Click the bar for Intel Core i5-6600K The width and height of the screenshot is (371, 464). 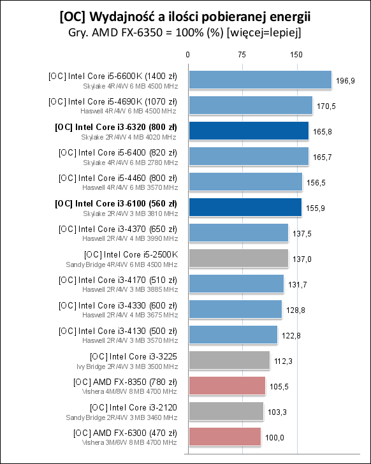[259, 80]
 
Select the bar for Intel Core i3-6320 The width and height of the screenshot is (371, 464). [248, 131]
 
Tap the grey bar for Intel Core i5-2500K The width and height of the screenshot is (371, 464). [238, 258]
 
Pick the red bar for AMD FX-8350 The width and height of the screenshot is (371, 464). [226, 386]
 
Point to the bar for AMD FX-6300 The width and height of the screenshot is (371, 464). [224, 437]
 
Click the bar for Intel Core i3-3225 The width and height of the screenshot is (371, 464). [229, 360]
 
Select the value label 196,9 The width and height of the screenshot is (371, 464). [346, 80]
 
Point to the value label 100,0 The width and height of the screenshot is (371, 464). [275, 437]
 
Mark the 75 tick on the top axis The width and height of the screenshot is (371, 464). [242, 55]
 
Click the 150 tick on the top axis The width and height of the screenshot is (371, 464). [296, 55]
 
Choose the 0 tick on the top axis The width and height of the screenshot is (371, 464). [188, 55]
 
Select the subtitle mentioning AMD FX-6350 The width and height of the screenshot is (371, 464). [185, 32]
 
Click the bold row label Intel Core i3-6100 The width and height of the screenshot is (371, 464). [117, 203]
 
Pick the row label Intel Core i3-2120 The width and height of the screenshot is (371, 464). [135, 407]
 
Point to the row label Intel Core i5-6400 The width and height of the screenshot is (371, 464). [119, 152]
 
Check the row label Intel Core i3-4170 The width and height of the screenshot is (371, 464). [119, 279]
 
